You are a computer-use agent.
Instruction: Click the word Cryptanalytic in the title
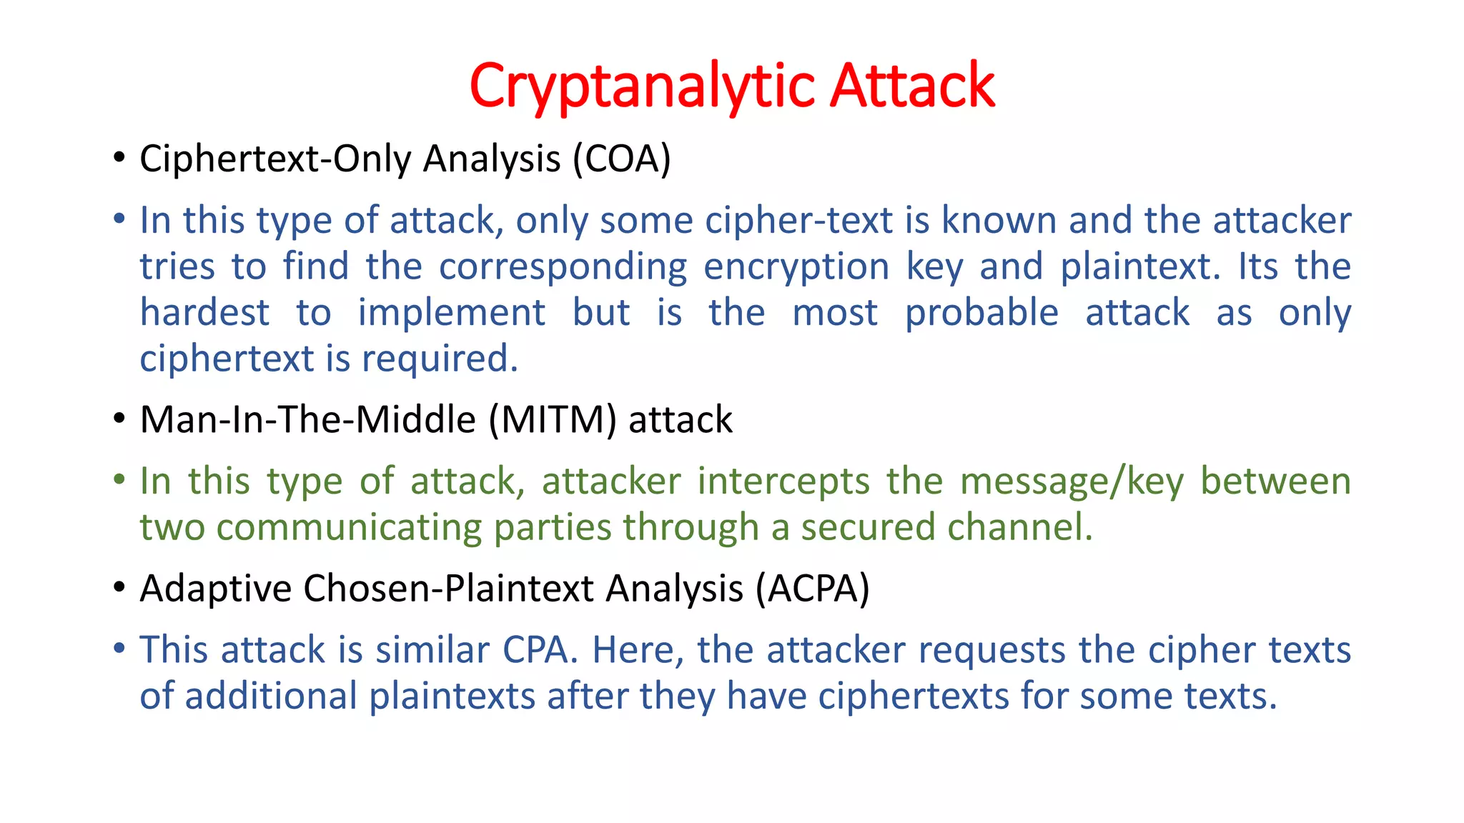[x=642, y=86]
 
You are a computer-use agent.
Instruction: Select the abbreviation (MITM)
[x=553, y=419]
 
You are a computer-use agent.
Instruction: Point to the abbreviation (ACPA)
[x=813, y=589]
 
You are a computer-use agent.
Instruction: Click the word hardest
[x=204, y=313]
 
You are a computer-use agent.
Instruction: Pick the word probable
[x=981, y=313]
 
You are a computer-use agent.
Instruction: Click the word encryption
[x=796, y=267]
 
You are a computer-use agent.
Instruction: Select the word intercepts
[x=783, y=481]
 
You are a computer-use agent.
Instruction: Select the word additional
[x=271, y=697]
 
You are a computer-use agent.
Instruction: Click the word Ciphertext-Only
[x=275, y=159]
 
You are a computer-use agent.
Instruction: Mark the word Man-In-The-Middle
[x=308, y=419]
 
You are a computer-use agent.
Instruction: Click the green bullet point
[x=119, y=479]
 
